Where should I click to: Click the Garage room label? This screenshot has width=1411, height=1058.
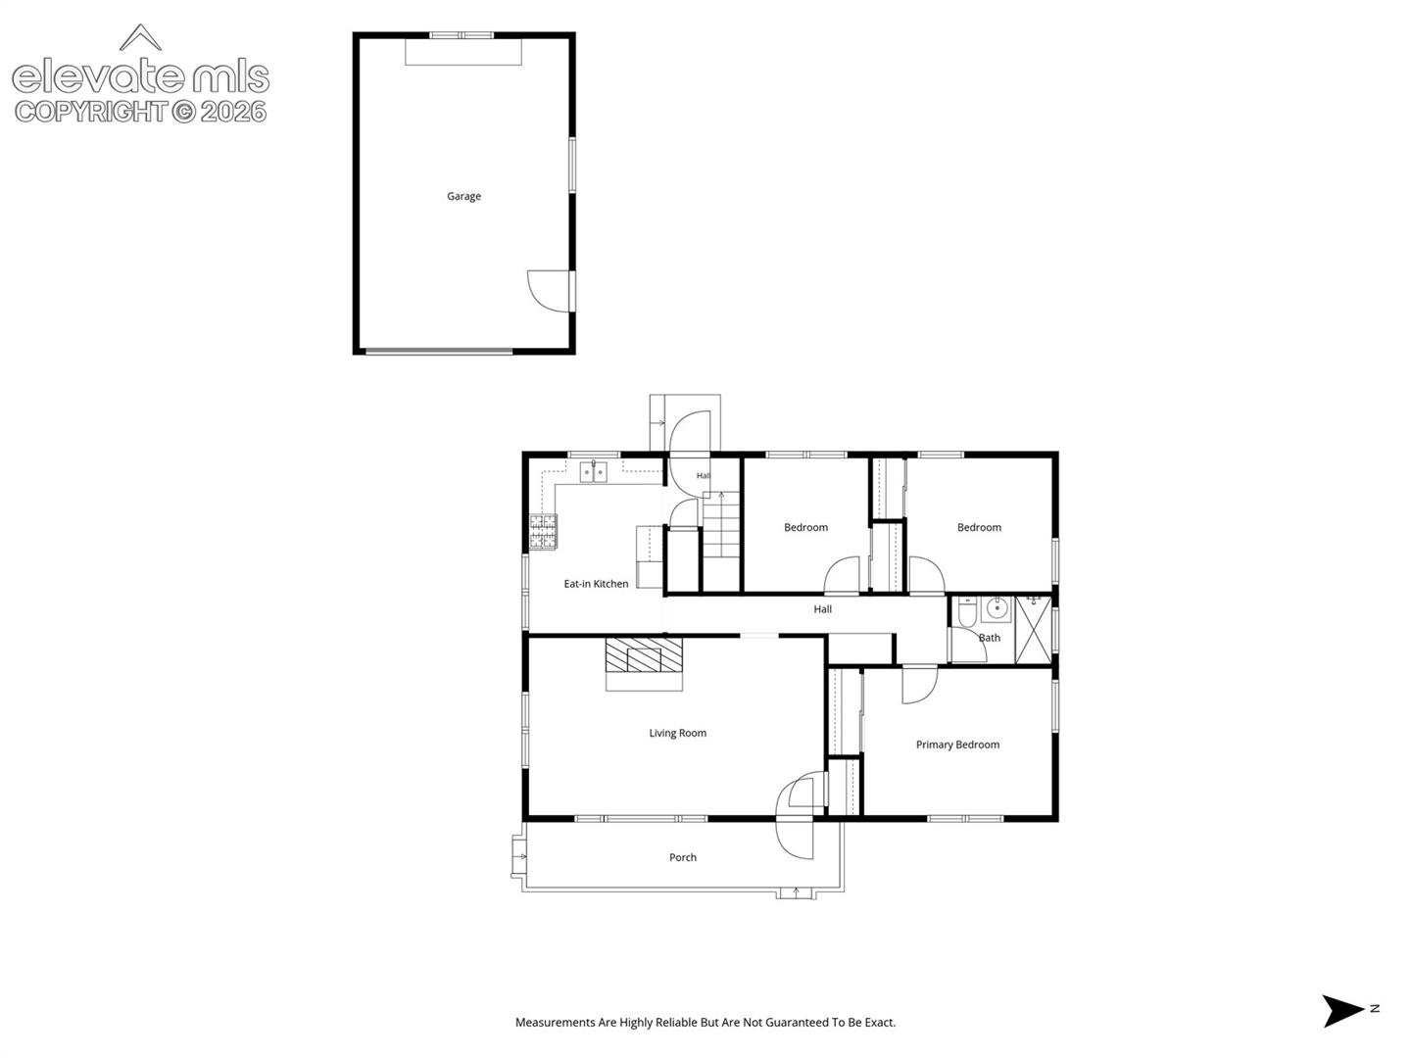[463, 197]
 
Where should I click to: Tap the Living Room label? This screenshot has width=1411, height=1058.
[677, 733]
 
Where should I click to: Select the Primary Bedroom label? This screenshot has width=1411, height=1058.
[957, 745]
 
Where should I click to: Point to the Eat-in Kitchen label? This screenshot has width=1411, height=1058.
[596, 584]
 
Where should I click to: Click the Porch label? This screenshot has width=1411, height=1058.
[683, 857]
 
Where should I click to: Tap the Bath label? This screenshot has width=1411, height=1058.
[990, 638]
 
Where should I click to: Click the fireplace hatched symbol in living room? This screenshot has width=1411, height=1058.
[644, 654]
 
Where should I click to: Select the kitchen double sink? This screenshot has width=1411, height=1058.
[594, 472]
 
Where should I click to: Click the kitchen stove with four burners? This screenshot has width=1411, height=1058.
[543, 532]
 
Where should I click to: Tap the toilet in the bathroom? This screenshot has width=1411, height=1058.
[967, 611]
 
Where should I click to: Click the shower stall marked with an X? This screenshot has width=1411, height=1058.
[1033, 630]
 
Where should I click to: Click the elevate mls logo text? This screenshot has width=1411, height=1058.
[141, 75]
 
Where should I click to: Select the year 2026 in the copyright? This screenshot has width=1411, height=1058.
[233, 113]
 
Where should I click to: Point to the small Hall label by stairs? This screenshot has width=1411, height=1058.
[704, 476]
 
